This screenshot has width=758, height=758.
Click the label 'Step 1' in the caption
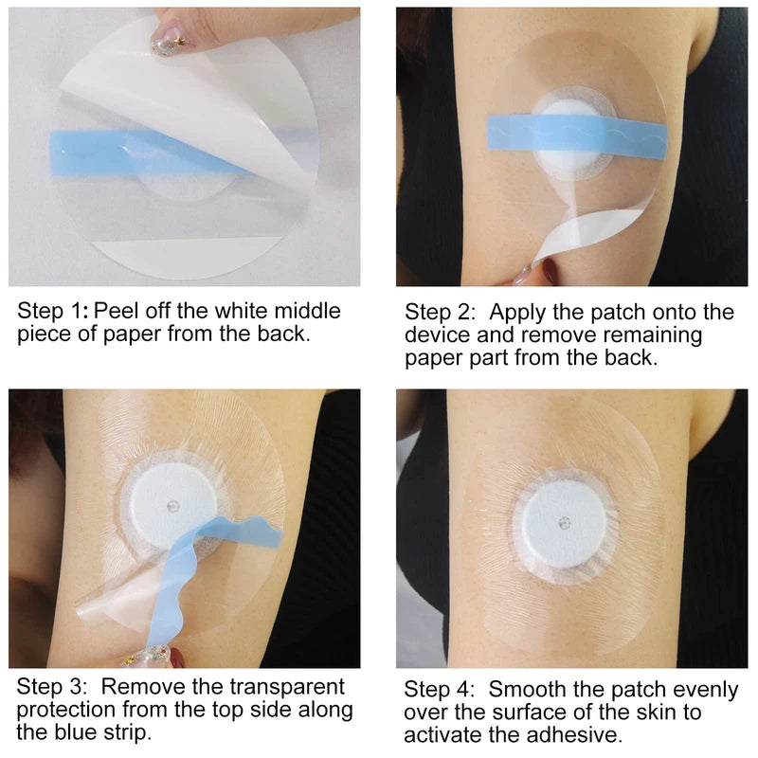click(51, 311)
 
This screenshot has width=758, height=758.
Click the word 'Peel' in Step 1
click(117, 311)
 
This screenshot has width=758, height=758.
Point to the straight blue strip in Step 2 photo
click(512, 129)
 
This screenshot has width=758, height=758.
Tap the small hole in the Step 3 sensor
click(171, 503)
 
